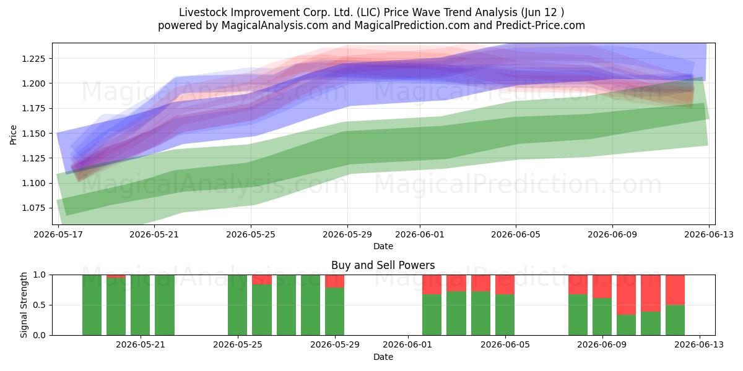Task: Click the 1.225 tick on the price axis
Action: pyautogui.click(x=33, y=59)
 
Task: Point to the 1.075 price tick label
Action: pyautogui.click(x=33, y=208)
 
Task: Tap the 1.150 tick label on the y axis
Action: pyautogui.click(x=33, y=134)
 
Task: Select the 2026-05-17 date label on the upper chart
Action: pyautogui.click(x=58, y=234)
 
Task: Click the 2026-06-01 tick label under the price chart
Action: pyautogui.click(x=420, y=234)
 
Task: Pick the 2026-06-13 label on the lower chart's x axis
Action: pyautogui.click(x=699, y=344)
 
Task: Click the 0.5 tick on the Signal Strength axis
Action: pyautogui.click(x=40, y=305)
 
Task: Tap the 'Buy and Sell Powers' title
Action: pyautogui.click(x=383, y=265)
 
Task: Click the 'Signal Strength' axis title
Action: pyautogui.click(x=24, y=305)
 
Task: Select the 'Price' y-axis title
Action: pyautogui.click(x=13, y=135)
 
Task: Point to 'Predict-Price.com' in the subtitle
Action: pyautogui.click(x=541, y=25)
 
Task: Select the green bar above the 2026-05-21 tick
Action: pyautogui.click(x=141, y=305)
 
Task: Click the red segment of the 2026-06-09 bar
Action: pyautogui.click(x=602, y=286)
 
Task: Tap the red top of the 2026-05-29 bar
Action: pyautogui.click(x=335, y=281)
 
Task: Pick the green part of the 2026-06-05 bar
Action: pyautogui.click(x=505, y=315)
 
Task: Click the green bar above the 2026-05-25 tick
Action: pyautogui.click(x=238, y=305)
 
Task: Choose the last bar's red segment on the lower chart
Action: pyautogui.click(x=675, y=290)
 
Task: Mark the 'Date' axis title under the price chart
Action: pyautogui.click(x=383, y=246)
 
